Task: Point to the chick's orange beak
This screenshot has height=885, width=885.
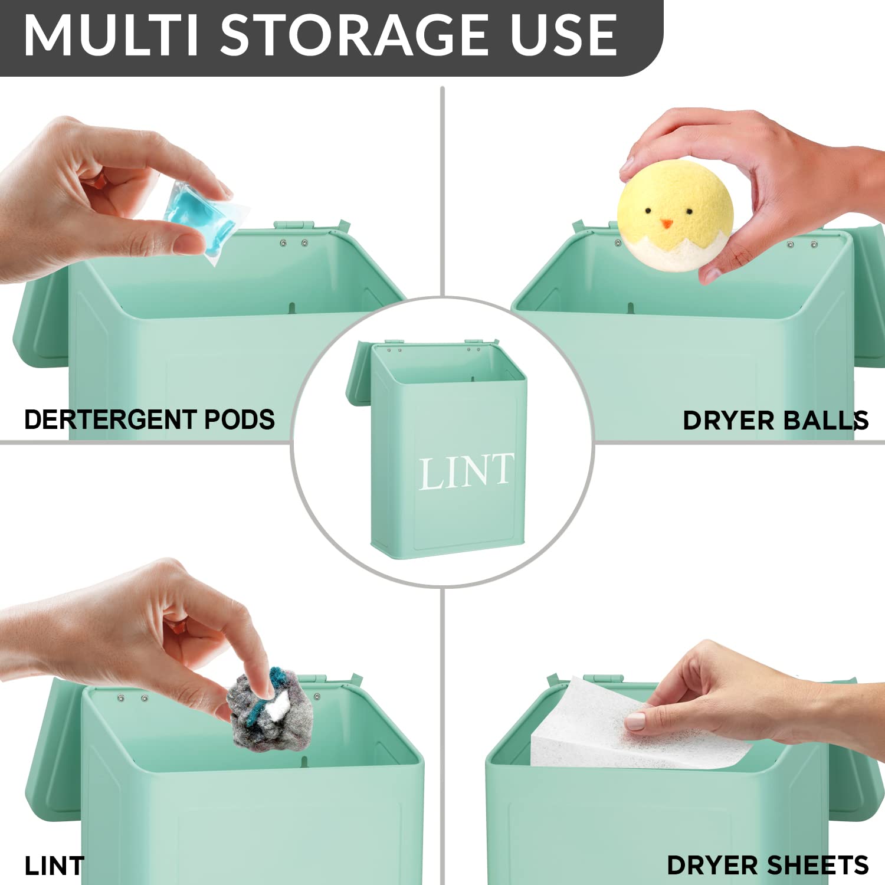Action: (666, 224)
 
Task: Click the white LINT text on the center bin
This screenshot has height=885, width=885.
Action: (466, 472)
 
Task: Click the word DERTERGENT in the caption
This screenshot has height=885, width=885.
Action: (110, 419)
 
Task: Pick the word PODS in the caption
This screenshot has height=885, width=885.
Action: (239, 419)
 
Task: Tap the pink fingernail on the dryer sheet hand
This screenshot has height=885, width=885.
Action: (635, 721)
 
